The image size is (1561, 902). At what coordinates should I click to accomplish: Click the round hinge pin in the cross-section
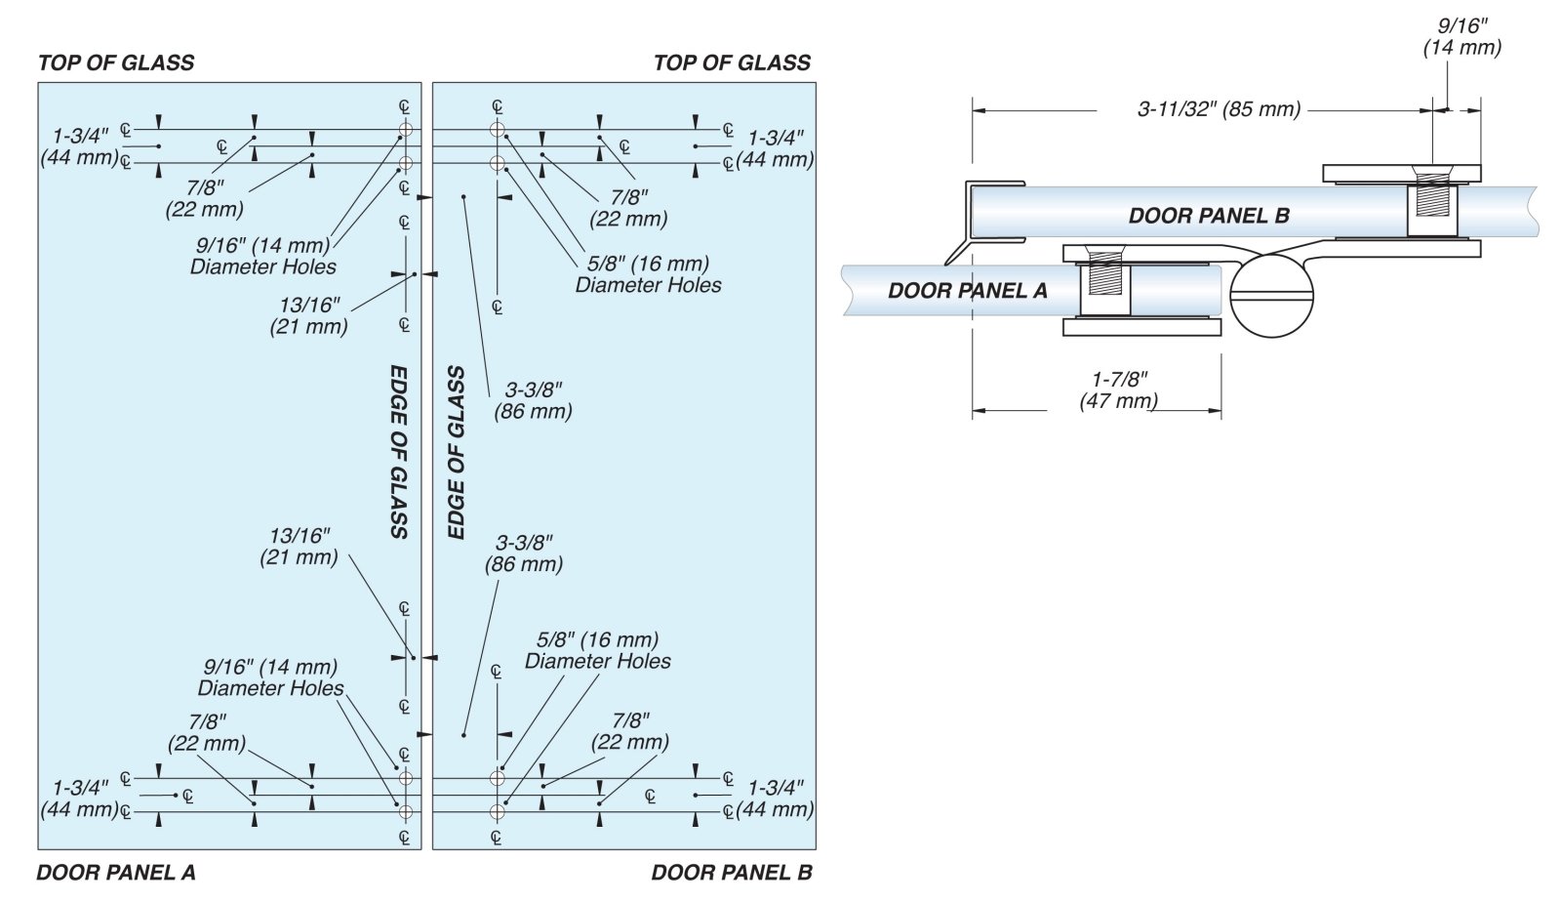[x=1271, y=295]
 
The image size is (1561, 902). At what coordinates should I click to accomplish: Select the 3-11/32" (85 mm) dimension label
[x=1219, y=109]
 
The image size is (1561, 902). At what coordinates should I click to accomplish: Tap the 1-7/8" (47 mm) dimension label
[x=1119, y=389]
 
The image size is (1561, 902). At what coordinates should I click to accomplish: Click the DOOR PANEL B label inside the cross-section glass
[x=1209, y=216]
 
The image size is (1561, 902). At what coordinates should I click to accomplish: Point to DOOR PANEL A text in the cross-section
[x=967, y=290]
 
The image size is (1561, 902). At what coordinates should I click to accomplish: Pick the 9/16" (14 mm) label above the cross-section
[x=1461, y=37]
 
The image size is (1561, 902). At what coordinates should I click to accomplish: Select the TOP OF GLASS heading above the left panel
[x=116, y=63]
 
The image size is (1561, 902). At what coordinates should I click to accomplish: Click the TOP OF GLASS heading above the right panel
[x=732, y=63]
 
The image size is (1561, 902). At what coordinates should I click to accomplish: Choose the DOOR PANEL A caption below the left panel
[x=116, y=873]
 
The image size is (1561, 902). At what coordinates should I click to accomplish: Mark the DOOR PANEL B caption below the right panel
[x=732, y=873]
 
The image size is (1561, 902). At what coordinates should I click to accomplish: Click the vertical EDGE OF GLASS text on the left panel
[x=399, y=452]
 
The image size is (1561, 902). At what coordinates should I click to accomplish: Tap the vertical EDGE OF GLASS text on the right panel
[x=456, y=452]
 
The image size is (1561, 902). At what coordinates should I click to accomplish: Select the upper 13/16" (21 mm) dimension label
[x=308, y=316]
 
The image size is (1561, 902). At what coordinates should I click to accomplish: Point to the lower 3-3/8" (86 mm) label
[x=524, y=553]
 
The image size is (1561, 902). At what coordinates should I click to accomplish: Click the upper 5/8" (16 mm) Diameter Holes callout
[x=648, y=274]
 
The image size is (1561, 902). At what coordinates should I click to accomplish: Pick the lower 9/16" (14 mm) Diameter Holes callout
[x=270, y=677]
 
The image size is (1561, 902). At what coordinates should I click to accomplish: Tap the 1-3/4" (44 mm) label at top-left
[x=80, y=146]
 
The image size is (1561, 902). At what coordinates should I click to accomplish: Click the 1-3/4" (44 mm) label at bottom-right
[x=776, y=799]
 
